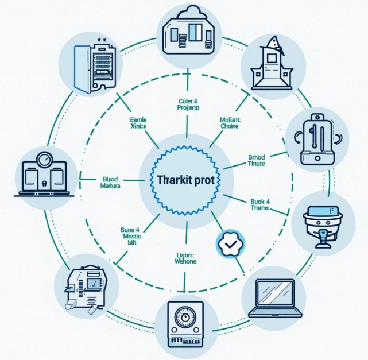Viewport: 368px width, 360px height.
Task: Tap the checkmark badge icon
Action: (231, 245)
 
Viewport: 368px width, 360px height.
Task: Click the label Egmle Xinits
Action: (139, 124)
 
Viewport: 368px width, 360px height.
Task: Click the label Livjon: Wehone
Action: (185, 258)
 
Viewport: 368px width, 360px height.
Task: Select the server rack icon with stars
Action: (92, 64)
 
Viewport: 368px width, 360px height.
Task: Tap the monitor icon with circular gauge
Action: (44, 174)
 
